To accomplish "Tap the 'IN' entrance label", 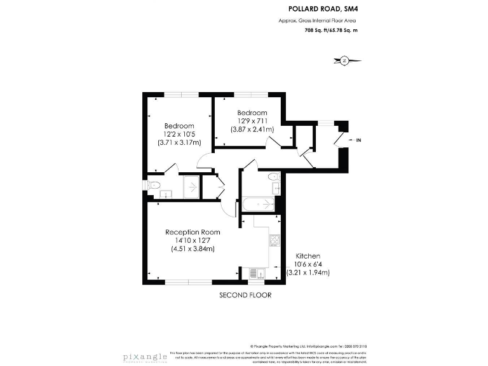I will (358, 140).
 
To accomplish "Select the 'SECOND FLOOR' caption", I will (245, 295).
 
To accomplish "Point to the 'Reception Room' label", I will (193, 232).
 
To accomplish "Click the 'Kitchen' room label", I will (308, 255).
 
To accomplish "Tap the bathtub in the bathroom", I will (257, 206).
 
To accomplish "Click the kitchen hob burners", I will (274, 241).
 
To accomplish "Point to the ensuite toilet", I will (155, 186).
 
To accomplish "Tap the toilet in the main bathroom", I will (273, 176).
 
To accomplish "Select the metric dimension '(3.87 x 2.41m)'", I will (253, 129).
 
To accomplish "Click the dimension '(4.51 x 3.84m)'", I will (193, 248).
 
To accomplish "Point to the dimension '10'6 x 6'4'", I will (308, 264).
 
